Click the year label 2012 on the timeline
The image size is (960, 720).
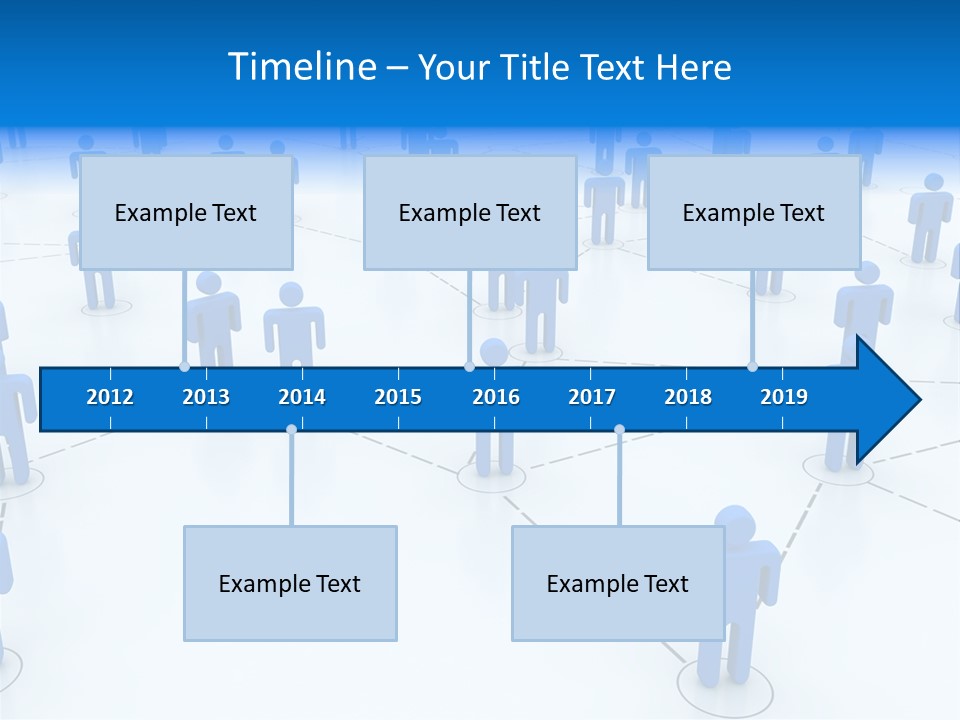pos(110,397)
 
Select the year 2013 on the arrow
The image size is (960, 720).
pos(206,397)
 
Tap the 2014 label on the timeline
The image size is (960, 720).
pos(302,397)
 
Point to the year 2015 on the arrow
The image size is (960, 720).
pos(398,397)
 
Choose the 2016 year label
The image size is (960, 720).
pos(496,397)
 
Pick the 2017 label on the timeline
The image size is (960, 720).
pos(592,397)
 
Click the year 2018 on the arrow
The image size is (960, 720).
pos(688,397)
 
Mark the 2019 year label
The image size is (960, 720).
pos(784,397)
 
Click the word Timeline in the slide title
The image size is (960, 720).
pos(301,67)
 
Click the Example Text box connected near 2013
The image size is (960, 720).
pos(186,213)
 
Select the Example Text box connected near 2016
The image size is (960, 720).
pos(470,213)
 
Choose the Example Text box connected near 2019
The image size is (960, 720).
pos(754,213)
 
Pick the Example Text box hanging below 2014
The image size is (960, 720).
pos(290,584)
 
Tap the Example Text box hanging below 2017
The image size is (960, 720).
pos(618,584)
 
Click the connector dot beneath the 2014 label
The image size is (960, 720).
pos(291,429)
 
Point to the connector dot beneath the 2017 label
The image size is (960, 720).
pos(619,429)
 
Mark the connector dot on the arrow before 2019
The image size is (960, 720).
pos(752,367)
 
